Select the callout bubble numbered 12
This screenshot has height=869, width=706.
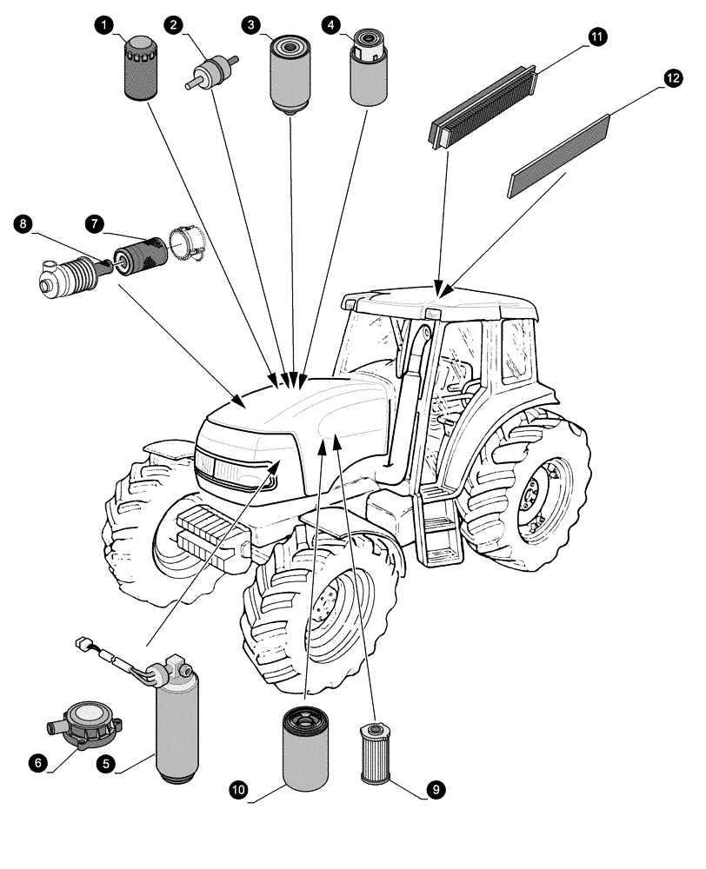click(671, 78)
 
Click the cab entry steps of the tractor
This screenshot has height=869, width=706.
click(435, 530)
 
